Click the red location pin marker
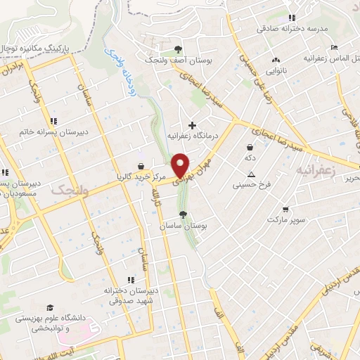tap(181, 165)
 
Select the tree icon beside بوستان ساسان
tap(184, 214)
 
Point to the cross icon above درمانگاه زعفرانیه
tap(192, 125)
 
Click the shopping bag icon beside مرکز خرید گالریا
tap(141, 166)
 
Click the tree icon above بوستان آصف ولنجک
tap(177, 49)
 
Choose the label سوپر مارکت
tap(285, 220)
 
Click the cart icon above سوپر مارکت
tap(285, 210)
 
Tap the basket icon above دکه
tap(250, 148)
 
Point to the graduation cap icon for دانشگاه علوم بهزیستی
tap(49, 308)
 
